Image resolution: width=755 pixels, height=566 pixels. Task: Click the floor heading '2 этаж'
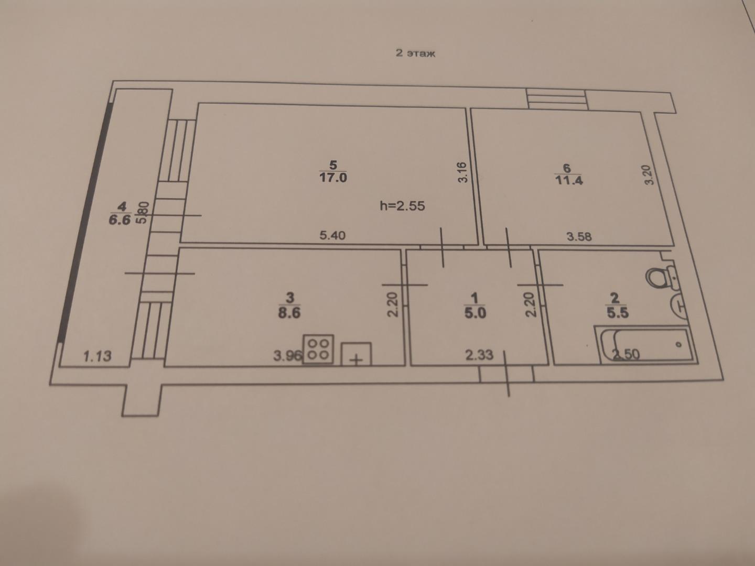pos(415,53)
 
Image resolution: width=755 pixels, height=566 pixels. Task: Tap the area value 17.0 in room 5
pos(333,178)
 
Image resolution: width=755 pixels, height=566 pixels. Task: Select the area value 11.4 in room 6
pos(568,180)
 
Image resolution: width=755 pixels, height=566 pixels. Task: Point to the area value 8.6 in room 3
pos(289,313)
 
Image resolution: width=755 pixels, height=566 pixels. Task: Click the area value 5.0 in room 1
pos(475,313)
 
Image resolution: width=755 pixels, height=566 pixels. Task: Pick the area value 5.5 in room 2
pos(618,313)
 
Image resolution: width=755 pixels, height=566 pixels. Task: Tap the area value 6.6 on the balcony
pos(120,220)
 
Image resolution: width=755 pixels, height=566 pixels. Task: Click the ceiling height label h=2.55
pos(402,206)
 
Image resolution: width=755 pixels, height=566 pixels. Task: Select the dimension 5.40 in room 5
pos(332,235)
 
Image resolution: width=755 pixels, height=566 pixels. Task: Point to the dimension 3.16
pos(462,172)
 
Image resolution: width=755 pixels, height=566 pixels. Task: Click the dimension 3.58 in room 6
pos(579,236)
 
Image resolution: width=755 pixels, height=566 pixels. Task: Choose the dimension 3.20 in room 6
pos(648,175)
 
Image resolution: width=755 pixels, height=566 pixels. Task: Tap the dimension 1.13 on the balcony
pos(98,356)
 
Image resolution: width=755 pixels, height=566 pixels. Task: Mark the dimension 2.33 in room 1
pos(480,355)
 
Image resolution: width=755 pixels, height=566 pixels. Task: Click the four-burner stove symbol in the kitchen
pos(318,349)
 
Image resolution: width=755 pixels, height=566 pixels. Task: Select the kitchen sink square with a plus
pos(356,354)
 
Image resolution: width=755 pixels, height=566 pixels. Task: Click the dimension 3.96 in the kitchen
pos(287,356)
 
